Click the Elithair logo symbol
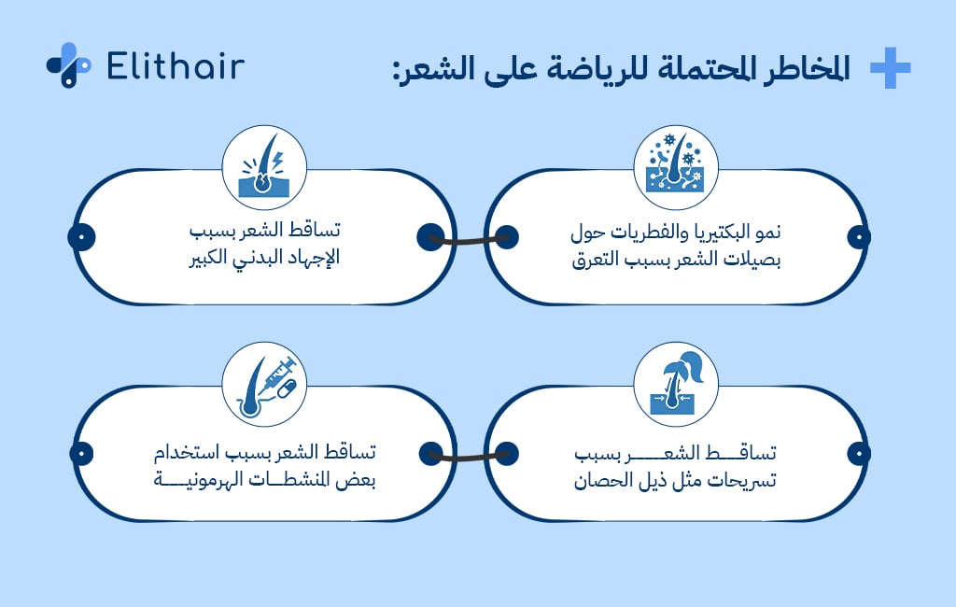(x=68, y=64)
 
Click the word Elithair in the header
(x=176, y=66)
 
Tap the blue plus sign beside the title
(x=890, y=68)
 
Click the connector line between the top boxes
(x=467, y=239)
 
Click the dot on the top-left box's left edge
(x=82, y=237)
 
